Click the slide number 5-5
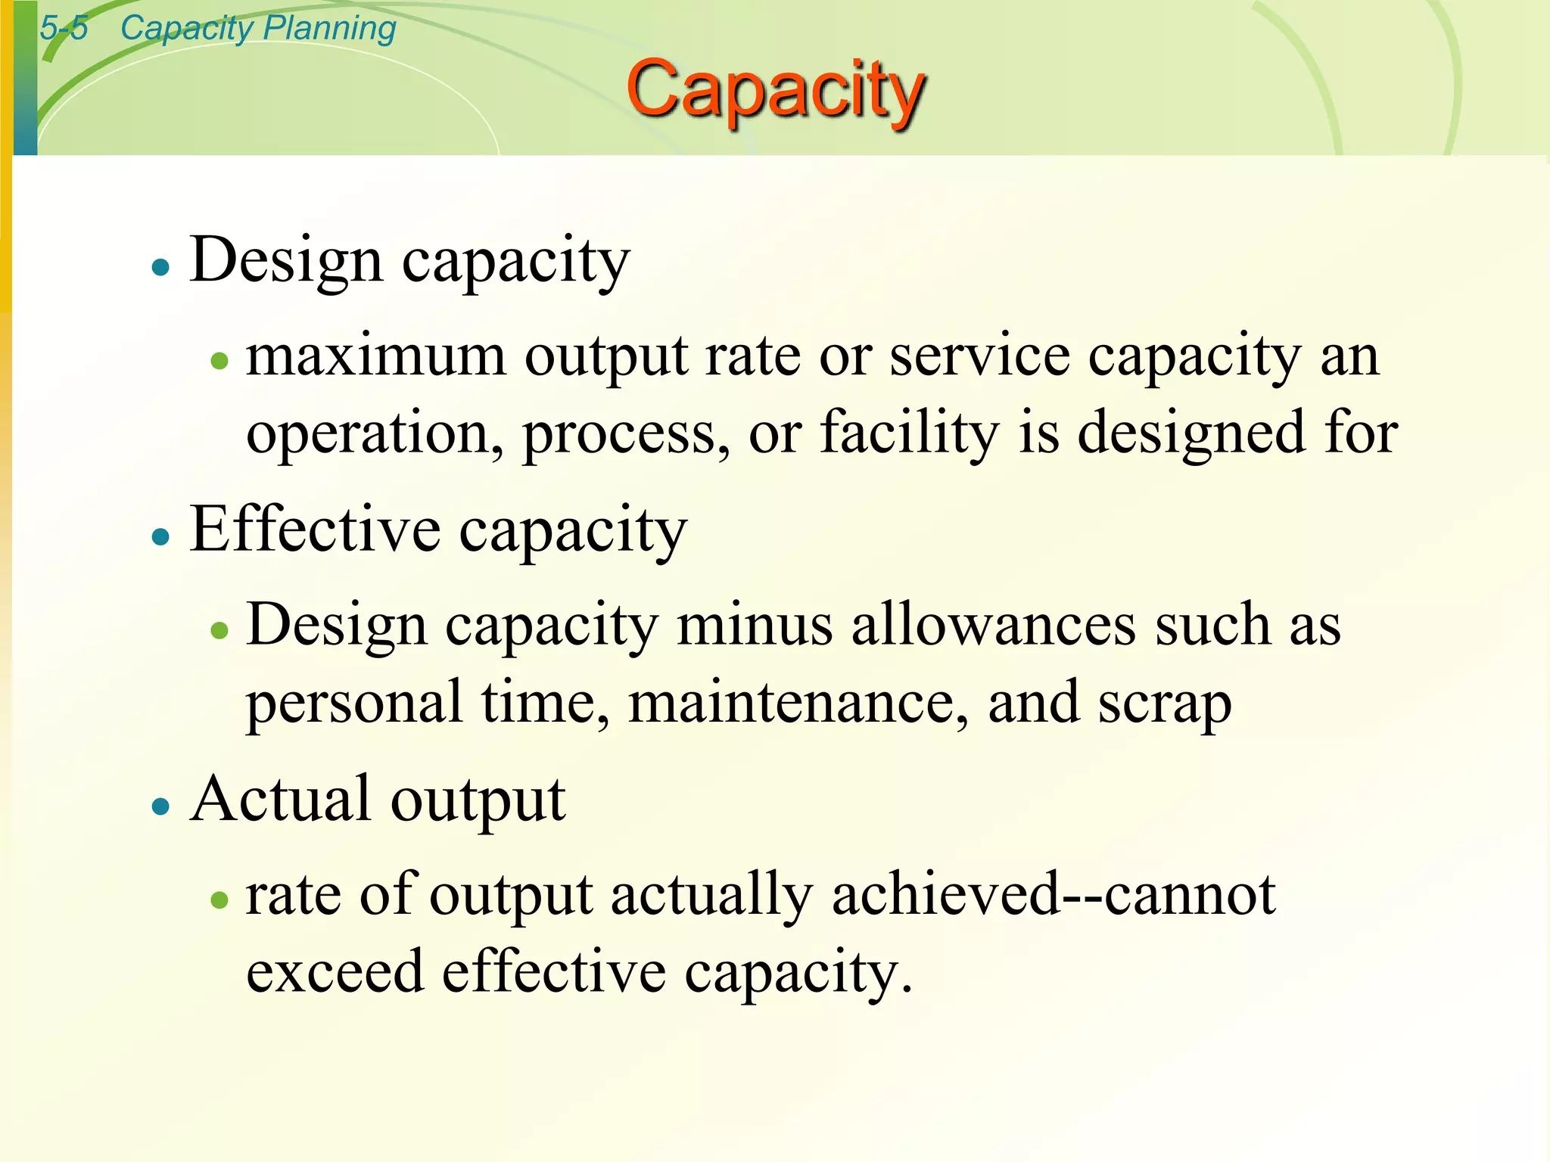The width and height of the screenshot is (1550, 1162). tap(64, 29)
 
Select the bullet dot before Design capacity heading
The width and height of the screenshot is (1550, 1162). tap(160, 267)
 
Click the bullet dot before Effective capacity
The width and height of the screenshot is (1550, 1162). tap(160, 537)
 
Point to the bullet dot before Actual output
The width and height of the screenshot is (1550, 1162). tap(160, 806)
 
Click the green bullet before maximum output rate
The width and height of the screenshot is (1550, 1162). tap(219, 361)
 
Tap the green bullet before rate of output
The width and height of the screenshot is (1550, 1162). tap(219, 900)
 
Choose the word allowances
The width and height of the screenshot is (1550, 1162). tap(993, 626)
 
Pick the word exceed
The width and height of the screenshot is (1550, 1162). tap(335, 973)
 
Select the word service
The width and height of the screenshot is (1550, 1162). tap(979, 357)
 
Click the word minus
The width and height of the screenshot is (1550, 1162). tap(754, 626)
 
